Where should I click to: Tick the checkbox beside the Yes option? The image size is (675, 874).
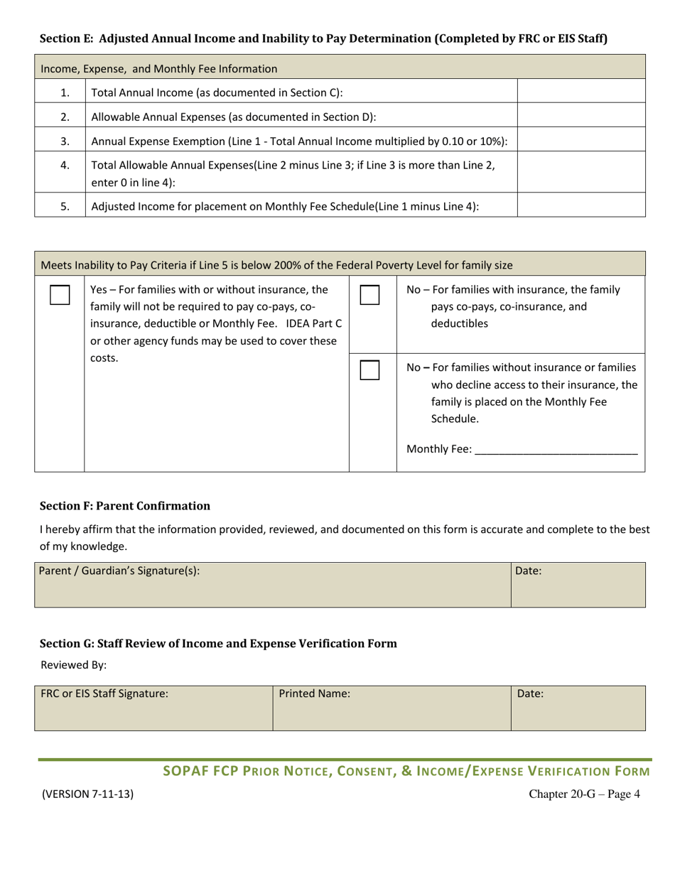click(x=60, y=296)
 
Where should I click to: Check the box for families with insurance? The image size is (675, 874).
click(x=369, y=296)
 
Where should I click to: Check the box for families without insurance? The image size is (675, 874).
click(x=369, y=369)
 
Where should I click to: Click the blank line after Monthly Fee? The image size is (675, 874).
click(x=556, y=449)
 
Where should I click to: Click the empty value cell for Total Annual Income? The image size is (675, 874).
click(x=581, y=91)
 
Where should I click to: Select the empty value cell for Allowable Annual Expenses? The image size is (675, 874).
click(x=581, y=116)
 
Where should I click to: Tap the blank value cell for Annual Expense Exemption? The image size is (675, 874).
click(x=581, y=140)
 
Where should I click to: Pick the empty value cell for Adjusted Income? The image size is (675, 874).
click(x=581, y=206)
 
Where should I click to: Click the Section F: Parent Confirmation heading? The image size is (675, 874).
click(x=125, y=506)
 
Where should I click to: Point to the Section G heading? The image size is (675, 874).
click(x=218, y=644)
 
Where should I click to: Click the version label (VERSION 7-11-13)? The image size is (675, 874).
click(x=87, y=794)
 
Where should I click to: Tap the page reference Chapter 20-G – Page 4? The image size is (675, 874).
click(x=584, y=794)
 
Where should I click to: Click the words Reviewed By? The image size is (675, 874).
click(x=73, y=666)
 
